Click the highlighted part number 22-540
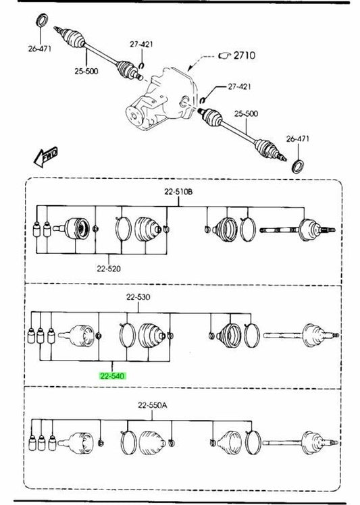(112, 376)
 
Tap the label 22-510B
(178, 192)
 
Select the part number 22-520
(109, 268)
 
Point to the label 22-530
(138, 296)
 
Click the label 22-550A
(153, 405)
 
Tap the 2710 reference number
(245, 55)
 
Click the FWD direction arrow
(46, 157)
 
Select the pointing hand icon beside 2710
(225, 56)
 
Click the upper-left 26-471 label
(40, 49)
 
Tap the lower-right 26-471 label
(297, 139)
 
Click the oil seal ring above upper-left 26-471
(43, 20)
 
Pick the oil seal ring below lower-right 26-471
(298, 166)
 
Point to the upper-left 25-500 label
(86, 71)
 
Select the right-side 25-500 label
(246, 113)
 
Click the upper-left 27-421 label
(141, 44)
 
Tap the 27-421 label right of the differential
(239, 86)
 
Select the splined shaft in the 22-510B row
(280, 230)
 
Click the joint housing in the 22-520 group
(76, 229)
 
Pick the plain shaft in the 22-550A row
(282, 442)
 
